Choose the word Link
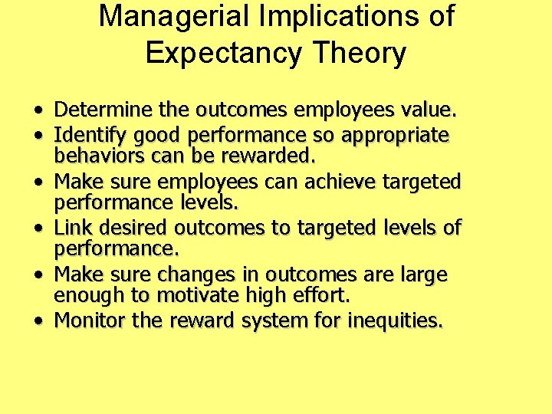[73, 228]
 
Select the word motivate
[200, 295]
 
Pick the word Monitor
[90, 320]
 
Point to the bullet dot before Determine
[38, 112]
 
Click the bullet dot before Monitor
[38, 320]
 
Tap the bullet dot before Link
[38, 228]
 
